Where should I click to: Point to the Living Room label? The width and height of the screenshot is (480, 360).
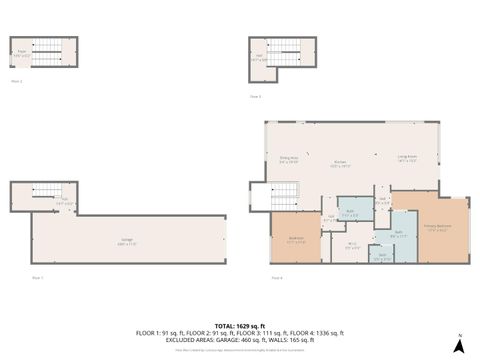[407, 158]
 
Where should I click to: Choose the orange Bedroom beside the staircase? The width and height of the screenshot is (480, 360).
[296, 240]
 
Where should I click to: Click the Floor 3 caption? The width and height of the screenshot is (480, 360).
[256, 96]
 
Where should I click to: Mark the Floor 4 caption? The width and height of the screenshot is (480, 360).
[276, 277]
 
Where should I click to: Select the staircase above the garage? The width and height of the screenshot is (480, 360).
[46, 192]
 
